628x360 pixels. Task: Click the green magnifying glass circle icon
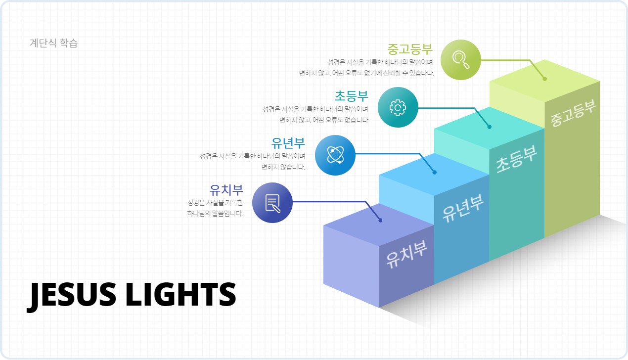(x=461, y=60)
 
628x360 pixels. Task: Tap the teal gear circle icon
(x=398, y=107)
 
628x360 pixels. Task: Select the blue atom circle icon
(x=335, y=155)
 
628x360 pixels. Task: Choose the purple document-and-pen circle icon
(x=272, y=203)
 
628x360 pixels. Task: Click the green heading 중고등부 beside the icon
(x=410, y=49)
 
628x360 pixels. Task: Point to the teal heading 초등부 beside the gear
(x=351, y=96)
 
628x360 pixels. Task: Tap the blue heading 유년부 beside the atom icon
(x=288, y=143)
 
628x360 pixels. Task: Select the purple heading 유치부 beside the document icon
(x=226, y=190)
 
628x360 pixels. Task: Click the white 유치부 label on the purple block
(x=406, y=254)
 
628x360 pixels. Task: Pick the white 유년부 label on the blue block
(x=463, y=208)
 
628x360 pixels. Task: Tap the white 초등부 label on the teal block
(x=516, y=159)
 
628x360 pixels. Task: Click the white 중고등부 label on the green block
(x=573, y=113)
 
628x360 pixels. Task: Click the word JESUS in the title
(x=71, y=295)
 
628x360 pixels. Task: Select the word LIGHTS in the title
(x=181, y=294)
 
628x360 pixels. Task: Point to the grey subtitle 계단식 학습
(x=53, y=43)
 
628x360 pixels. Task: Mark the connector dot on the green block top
(x=545, y=79)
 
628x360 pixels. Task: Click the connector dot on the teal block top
(x=489, y=127)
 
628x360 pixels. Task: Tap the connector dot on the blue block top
(x=434, y=173)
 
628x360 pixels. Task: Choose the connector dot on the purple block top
(x=380, y=221)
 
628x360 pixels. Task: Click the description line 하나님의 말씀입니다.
(x=215, y=214)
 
